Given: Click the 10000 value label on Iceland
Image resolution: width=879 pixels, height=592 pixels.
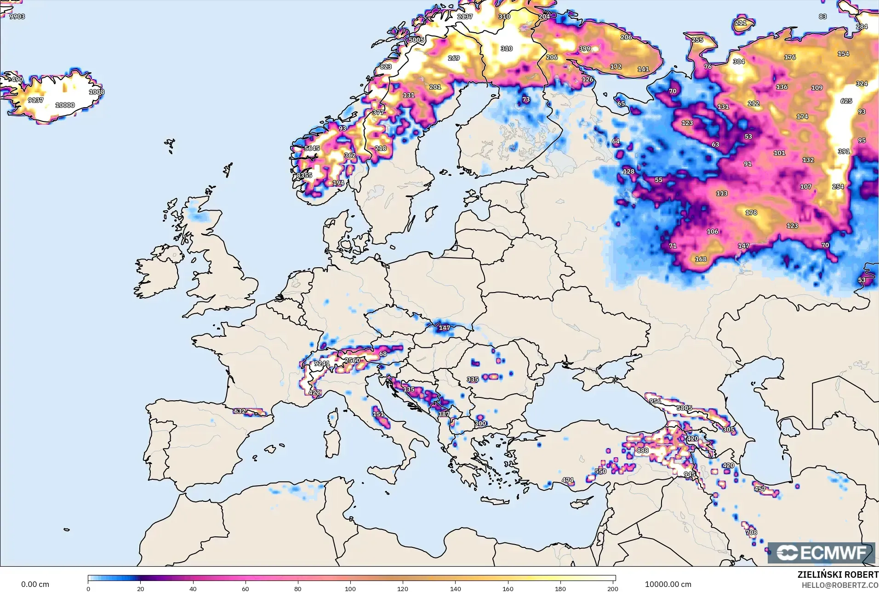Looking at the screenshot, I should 65,105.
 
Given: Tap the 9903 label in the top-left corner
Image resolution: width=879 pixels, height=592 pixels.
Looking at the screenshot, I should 17,17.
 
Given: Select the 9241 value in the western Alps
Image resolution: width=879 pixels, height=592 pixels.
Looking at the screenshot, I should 321,363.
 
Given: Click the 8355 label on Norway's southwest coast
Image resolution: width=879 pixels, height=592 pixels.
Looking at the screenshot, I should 304,175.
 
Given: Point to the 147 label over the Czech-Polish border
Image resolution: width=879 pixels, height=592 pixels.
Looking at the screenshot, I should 444,328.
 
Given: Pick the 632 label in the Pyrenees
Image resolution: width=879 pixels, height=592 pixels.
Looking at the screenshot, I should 240,411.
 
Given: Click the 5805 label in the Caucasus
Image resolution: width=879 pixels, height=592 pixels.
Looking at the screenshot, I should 684,408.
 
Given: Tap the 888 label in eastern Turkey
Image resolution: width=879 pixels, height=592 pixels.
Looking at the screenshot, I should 642,450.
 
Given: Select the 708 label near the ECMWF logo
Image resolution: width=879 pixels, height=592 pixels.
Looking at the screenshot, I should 751,532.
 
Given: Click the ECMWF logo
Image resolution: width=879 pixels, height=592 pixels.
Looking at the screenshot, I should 821,553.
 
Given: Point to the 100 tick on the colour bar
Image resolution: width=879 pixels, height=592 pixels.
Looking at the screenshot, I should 350,588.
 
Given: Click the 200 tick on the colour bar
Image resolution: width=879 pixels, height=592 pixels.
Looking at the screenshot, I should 612,588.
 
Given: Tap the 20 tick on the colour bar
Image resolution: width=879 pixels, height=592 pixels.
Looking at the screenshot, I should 141,588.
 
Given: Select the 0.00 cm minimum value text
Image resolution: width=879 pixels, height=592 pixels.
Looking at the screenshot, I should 35,585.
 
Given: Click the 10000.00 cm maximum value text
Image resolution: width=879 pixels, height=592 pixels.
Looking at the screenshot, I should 668,585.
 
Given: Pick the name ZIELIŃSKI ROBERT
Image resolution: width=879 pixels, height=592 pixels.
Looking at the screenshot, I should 838,575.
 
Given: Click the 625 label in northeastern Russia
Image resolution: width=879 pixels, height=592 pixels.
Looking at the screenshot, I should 846,101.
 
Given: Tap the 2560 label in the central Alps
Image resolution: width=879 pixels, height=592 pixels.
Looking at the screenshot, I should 352,360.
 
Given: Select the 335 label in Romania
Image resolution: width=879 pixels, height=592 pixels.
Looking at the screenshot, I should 473,379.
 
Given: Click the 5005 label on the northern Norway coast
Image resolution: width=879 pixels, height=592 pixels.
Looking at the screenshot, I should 416,40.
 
